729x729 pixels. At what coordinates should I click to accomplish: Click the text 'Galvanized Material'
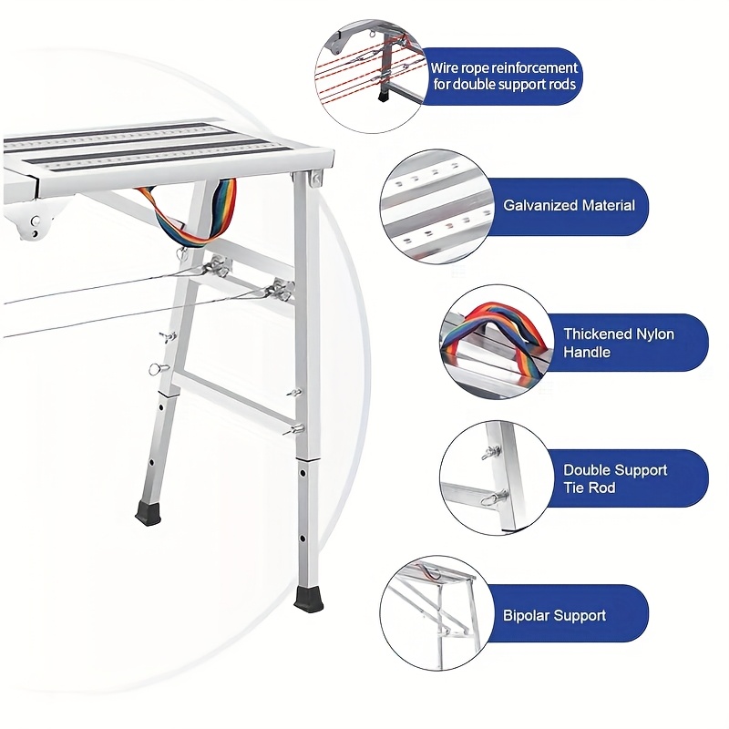(569, 206)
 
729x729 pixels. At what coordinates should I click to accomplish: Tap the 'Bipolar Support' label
(554, 616)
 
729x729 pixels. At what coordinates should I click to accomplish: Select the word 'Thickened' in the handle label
(591, 334)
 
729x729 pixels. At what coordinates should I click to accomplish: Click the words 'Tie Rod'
(589, 488)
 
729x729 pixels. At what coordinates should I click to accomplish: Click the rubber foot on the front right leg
(307, 597)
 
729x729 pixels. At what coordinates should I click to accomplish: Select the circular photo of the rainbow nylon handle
(496, 343)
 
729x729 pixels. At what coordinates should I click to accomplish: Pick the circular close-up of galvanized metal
(436, 207)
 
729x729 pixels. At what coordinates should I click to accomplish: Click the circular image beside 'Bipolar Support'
(436, 613)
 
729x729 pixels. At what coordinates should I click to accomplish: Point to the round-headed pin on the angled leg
(157, 369)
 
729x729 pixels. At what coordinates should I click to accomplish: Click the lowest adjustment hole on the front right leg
(303, 539)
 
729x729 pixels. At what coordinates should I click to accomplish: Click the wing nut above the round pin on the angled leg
(167, 336)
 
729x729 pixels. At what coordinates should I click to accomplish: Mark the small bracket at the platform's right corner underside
(316, 180)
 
